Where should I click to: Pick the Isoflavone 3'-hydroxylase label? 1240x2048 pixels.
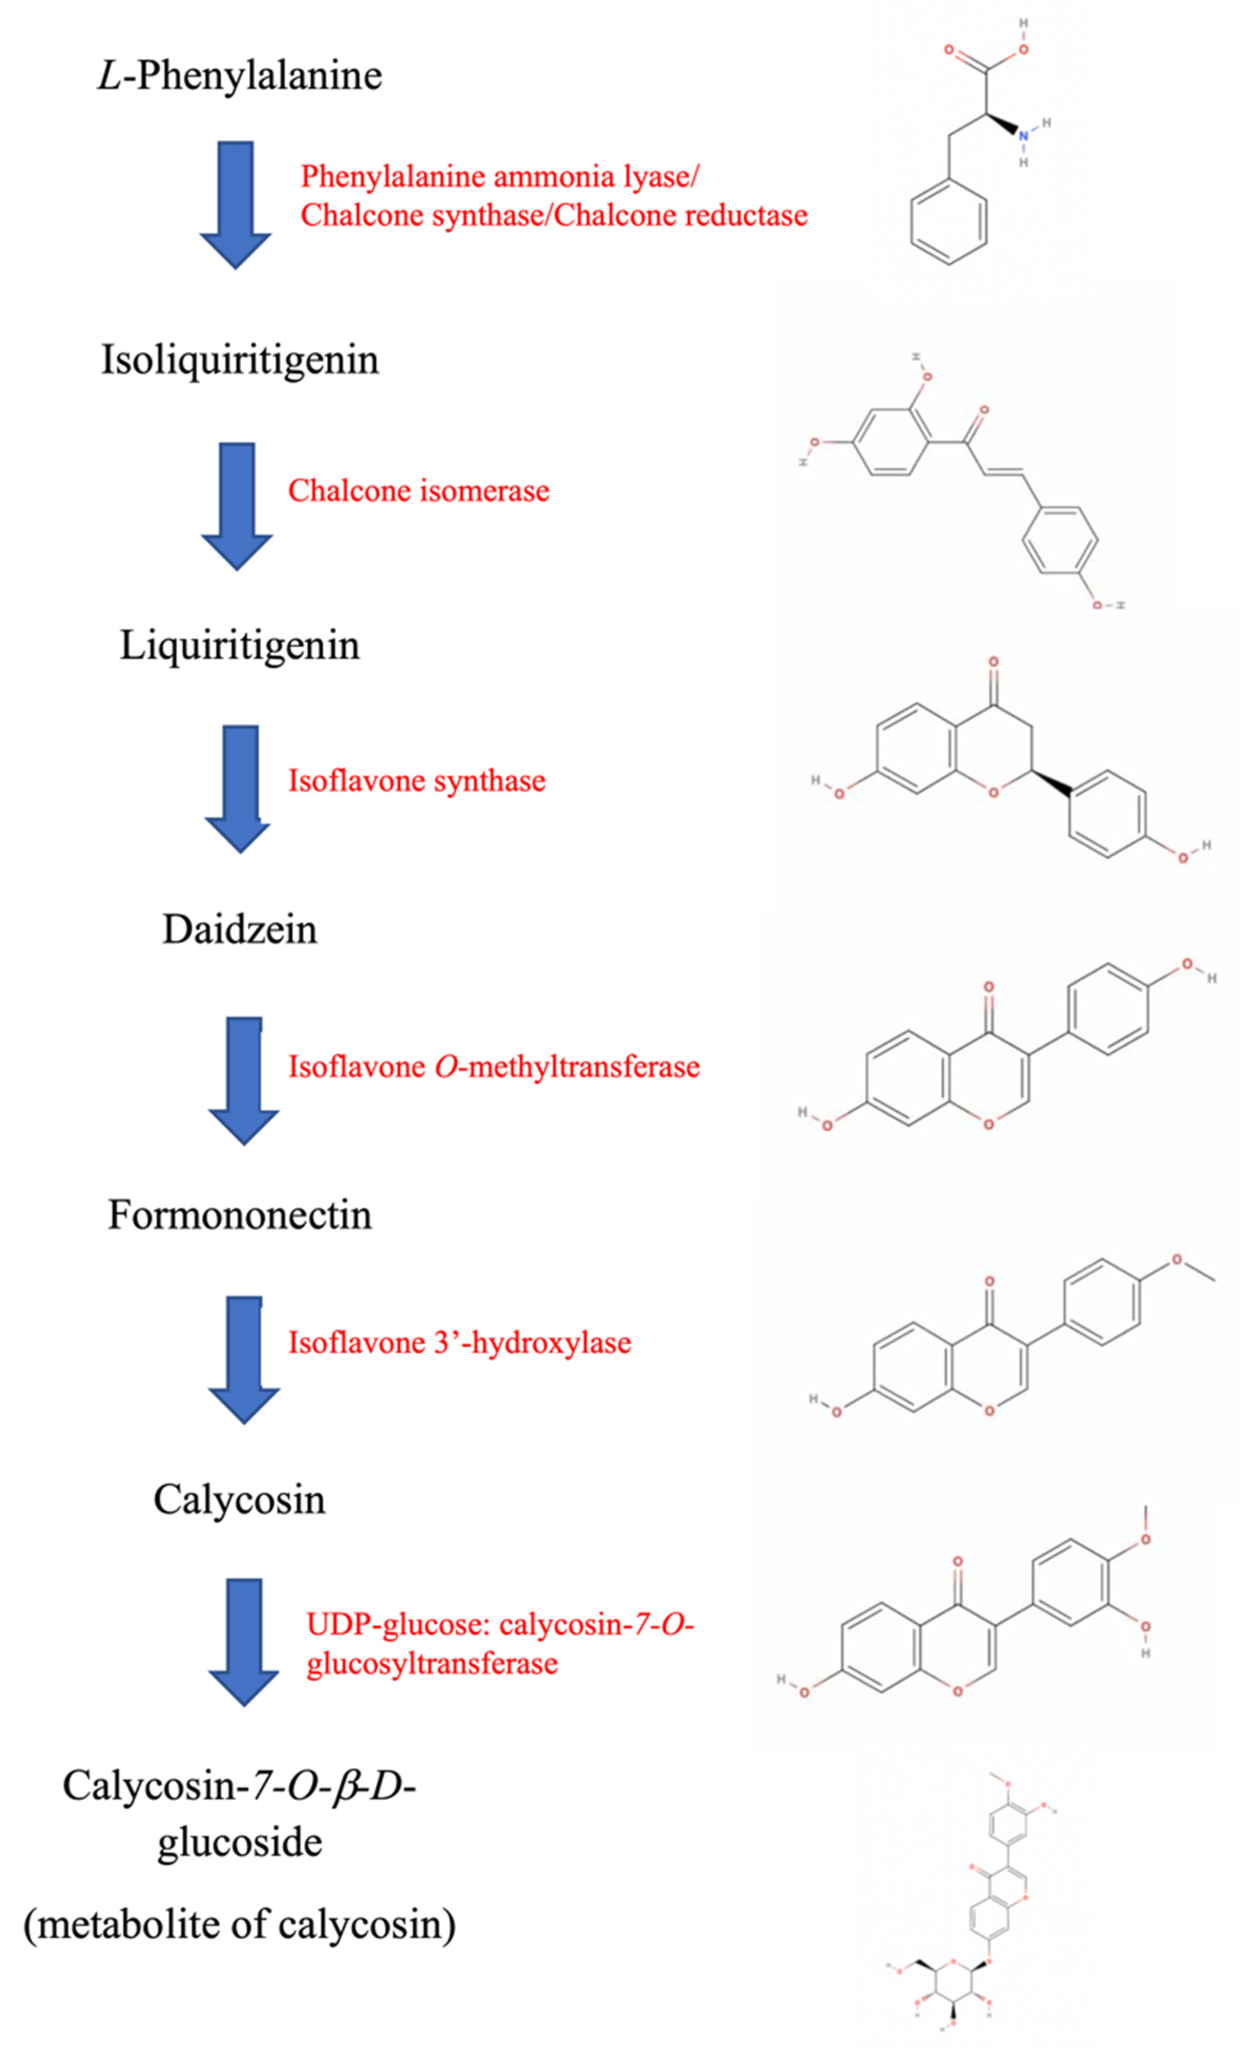(460, 1342)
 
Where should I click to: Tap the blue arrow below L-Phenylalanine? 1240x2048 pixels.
(235, 204)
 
